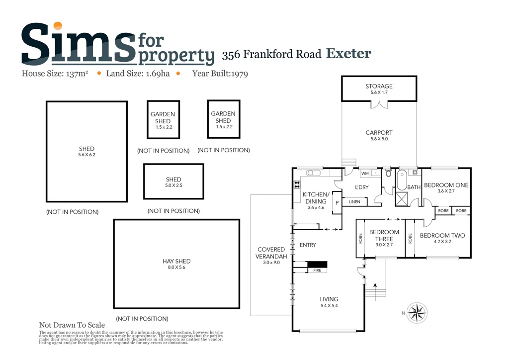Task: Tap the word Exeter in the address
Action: [348, 53]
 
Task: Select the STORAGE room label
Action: [379, 87]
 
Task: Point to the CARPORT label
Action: [379, 133]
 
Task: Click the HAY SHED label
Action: [176, 261]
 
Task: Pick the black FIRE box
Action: [316, 264]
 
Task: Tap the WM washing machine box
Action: [365, 174]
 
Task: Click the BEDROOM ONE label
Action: [446, 185]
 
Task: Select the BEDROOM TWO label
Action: [442, 235]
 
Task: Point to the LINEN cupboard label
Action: [354, 202]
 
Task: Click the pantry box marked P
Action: [337, 202]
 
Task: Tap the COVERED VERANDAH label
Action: [270, 253]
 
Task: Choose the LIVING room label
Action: [329, 299]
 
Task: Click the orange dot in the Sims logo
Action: [58, 26]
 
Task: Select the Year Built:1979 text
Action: [220, 74]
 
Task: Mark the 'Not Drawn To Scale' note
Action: [72, 325]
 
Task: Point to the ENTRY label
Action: [308, 245]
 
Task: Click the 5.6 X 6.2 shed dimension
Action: [86, 155]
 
